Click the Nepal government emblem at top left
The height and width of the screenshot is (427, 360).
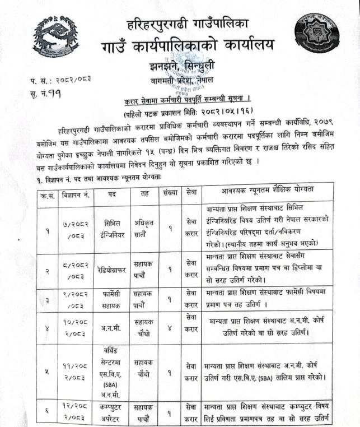coord(55,34)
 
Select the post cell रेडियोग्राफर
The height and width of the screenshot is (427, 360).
coord(110,268)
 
